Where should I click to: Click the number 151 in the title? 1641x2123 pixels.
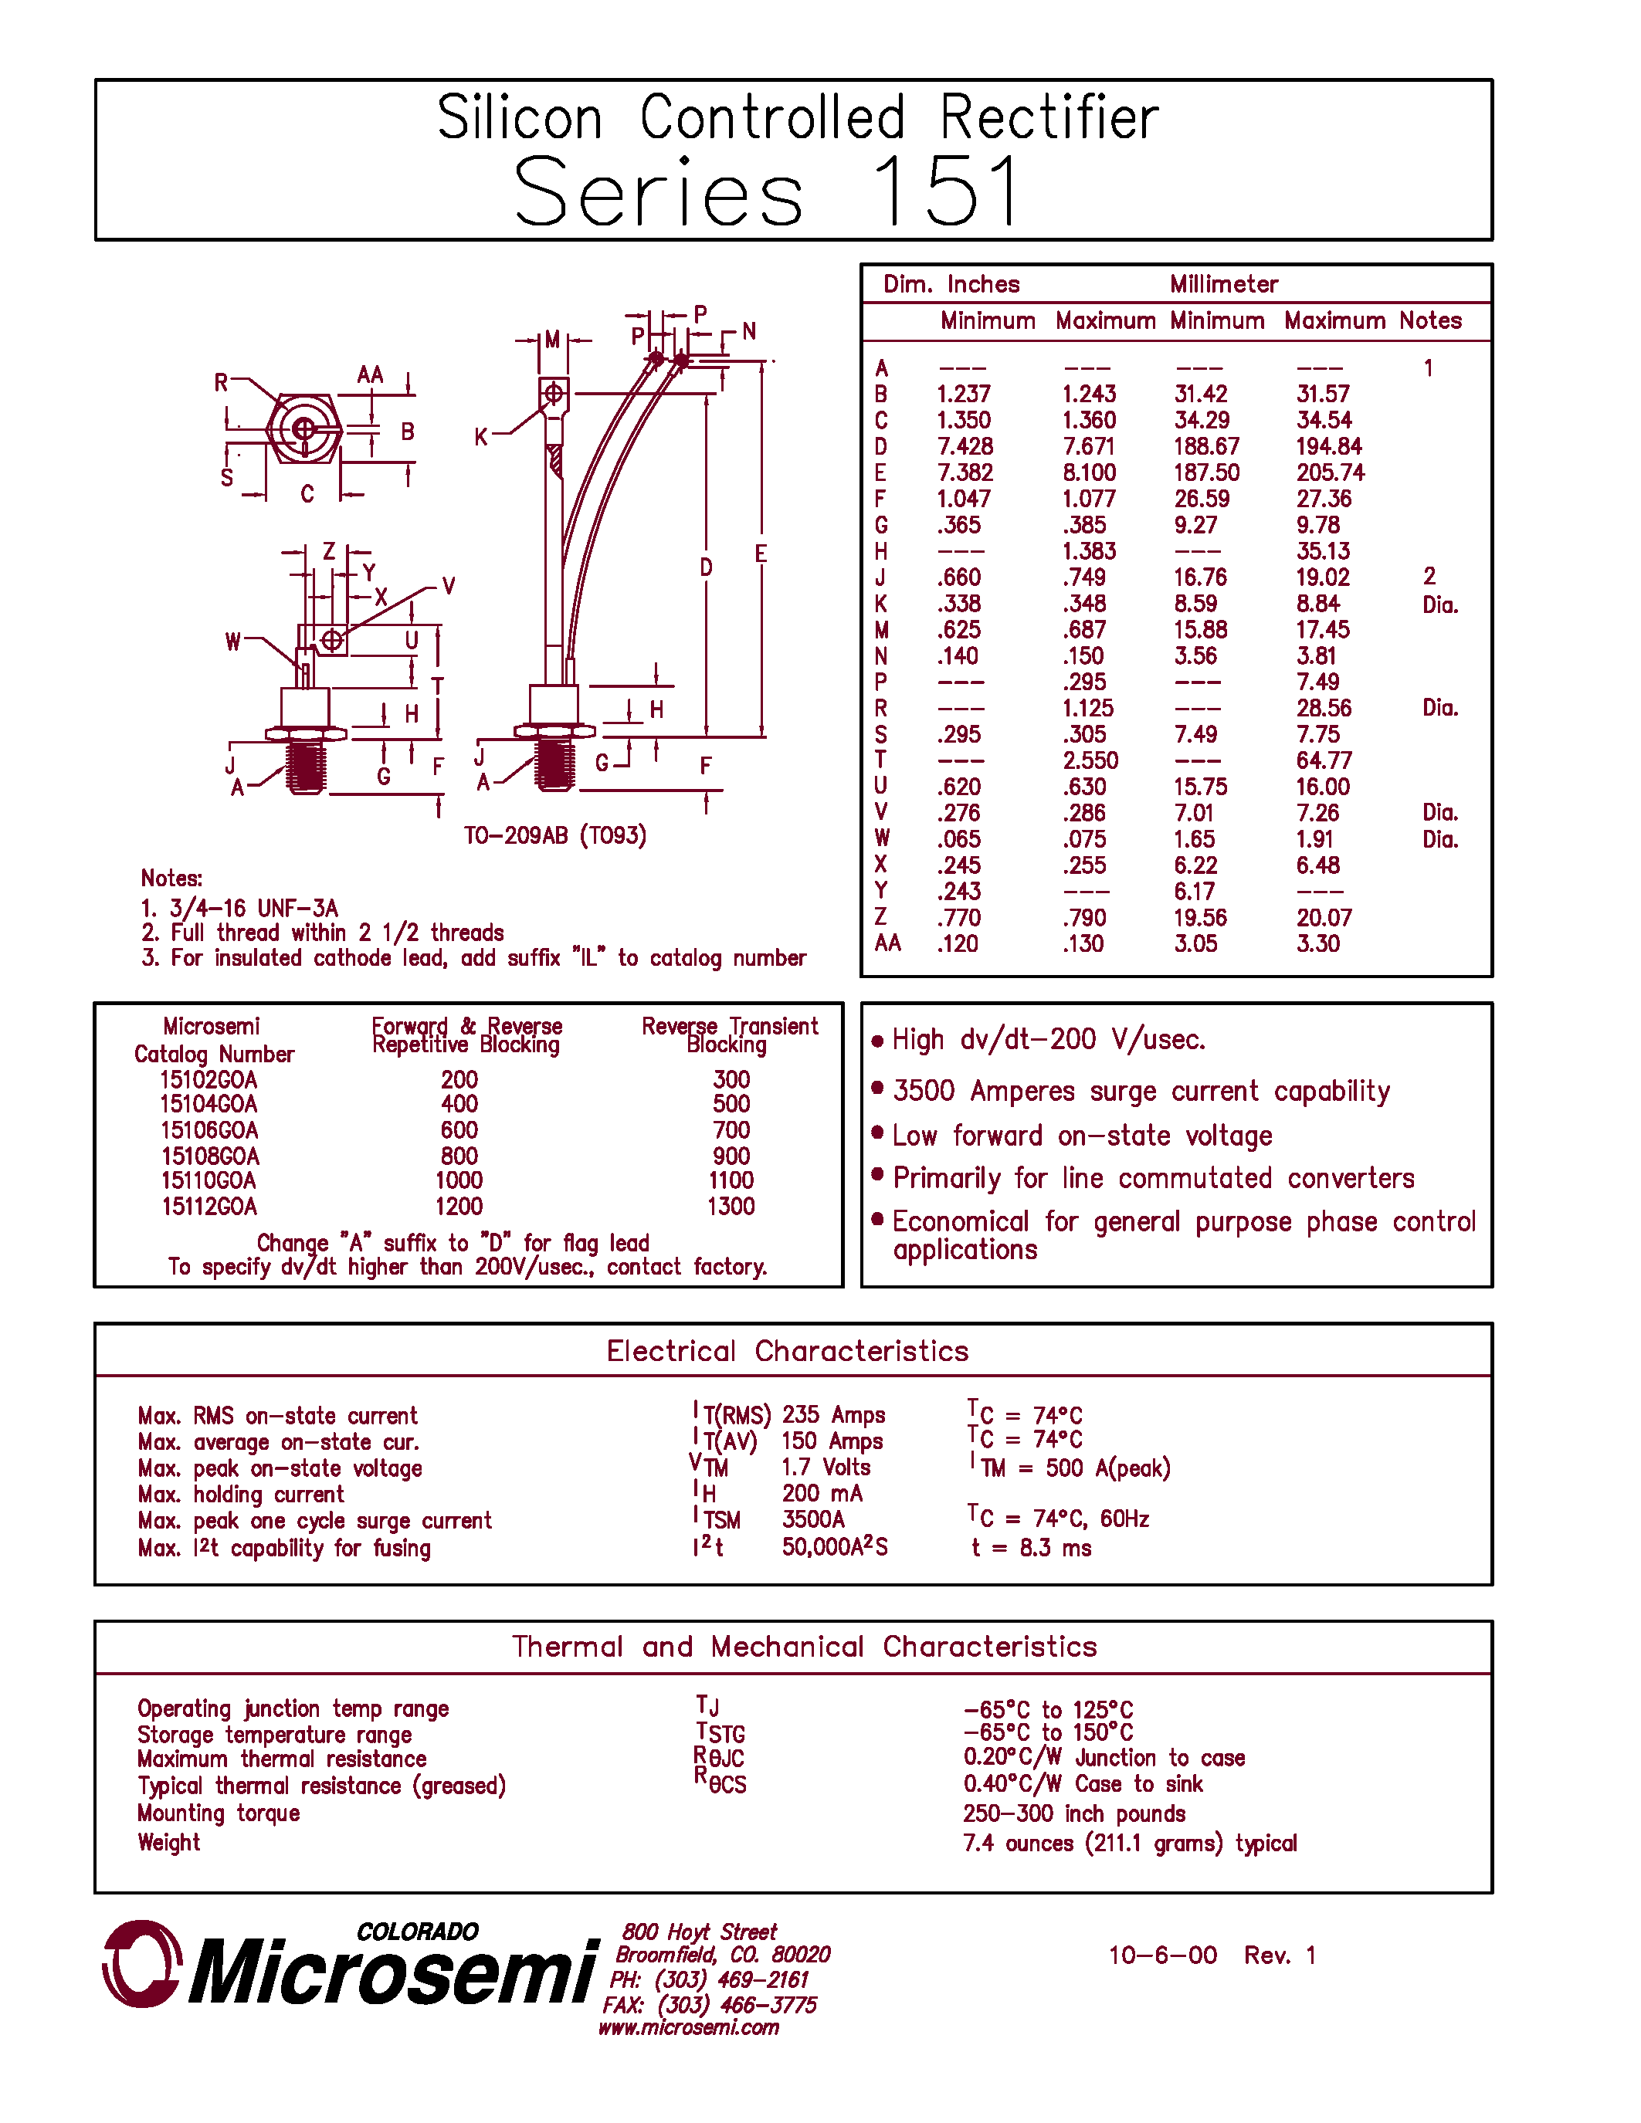coord(947,191)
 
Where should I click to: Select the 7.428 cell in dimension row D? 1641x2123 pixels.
coord(965,446)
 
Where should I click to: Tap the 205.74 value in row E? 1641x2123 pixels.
coord(1329,472)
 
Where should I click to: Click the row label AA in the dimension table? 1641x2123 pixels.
coord(887,943)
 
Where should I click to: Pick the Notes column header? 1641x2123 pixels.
coord(1430,321)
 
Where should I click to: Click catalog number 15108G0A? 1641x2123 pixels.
coord(210,1156)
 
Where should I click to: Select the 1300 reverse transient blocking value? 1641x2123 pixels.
coord(730,1207)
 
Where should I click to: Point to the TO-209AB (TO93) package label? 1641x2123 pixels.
coord(554,835)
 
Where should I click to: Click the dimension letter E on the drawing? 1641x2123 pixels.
coord(760,553)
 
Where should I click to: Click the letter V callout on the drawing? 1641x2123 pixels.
coord(448,586)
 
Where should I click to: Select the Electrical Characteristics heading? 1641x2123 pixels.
coord(788,1351)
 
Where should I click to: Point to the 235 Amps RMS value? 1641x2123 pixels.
coord(833,1415)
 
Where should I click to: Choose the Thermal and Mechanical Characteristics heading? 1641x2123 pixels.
coord(804,1647)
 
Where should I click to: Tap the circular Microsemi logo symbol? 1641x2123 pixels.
coord(142,1963)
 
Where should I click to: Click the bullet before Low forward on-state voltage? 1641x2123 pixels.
coord(877,1133)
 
